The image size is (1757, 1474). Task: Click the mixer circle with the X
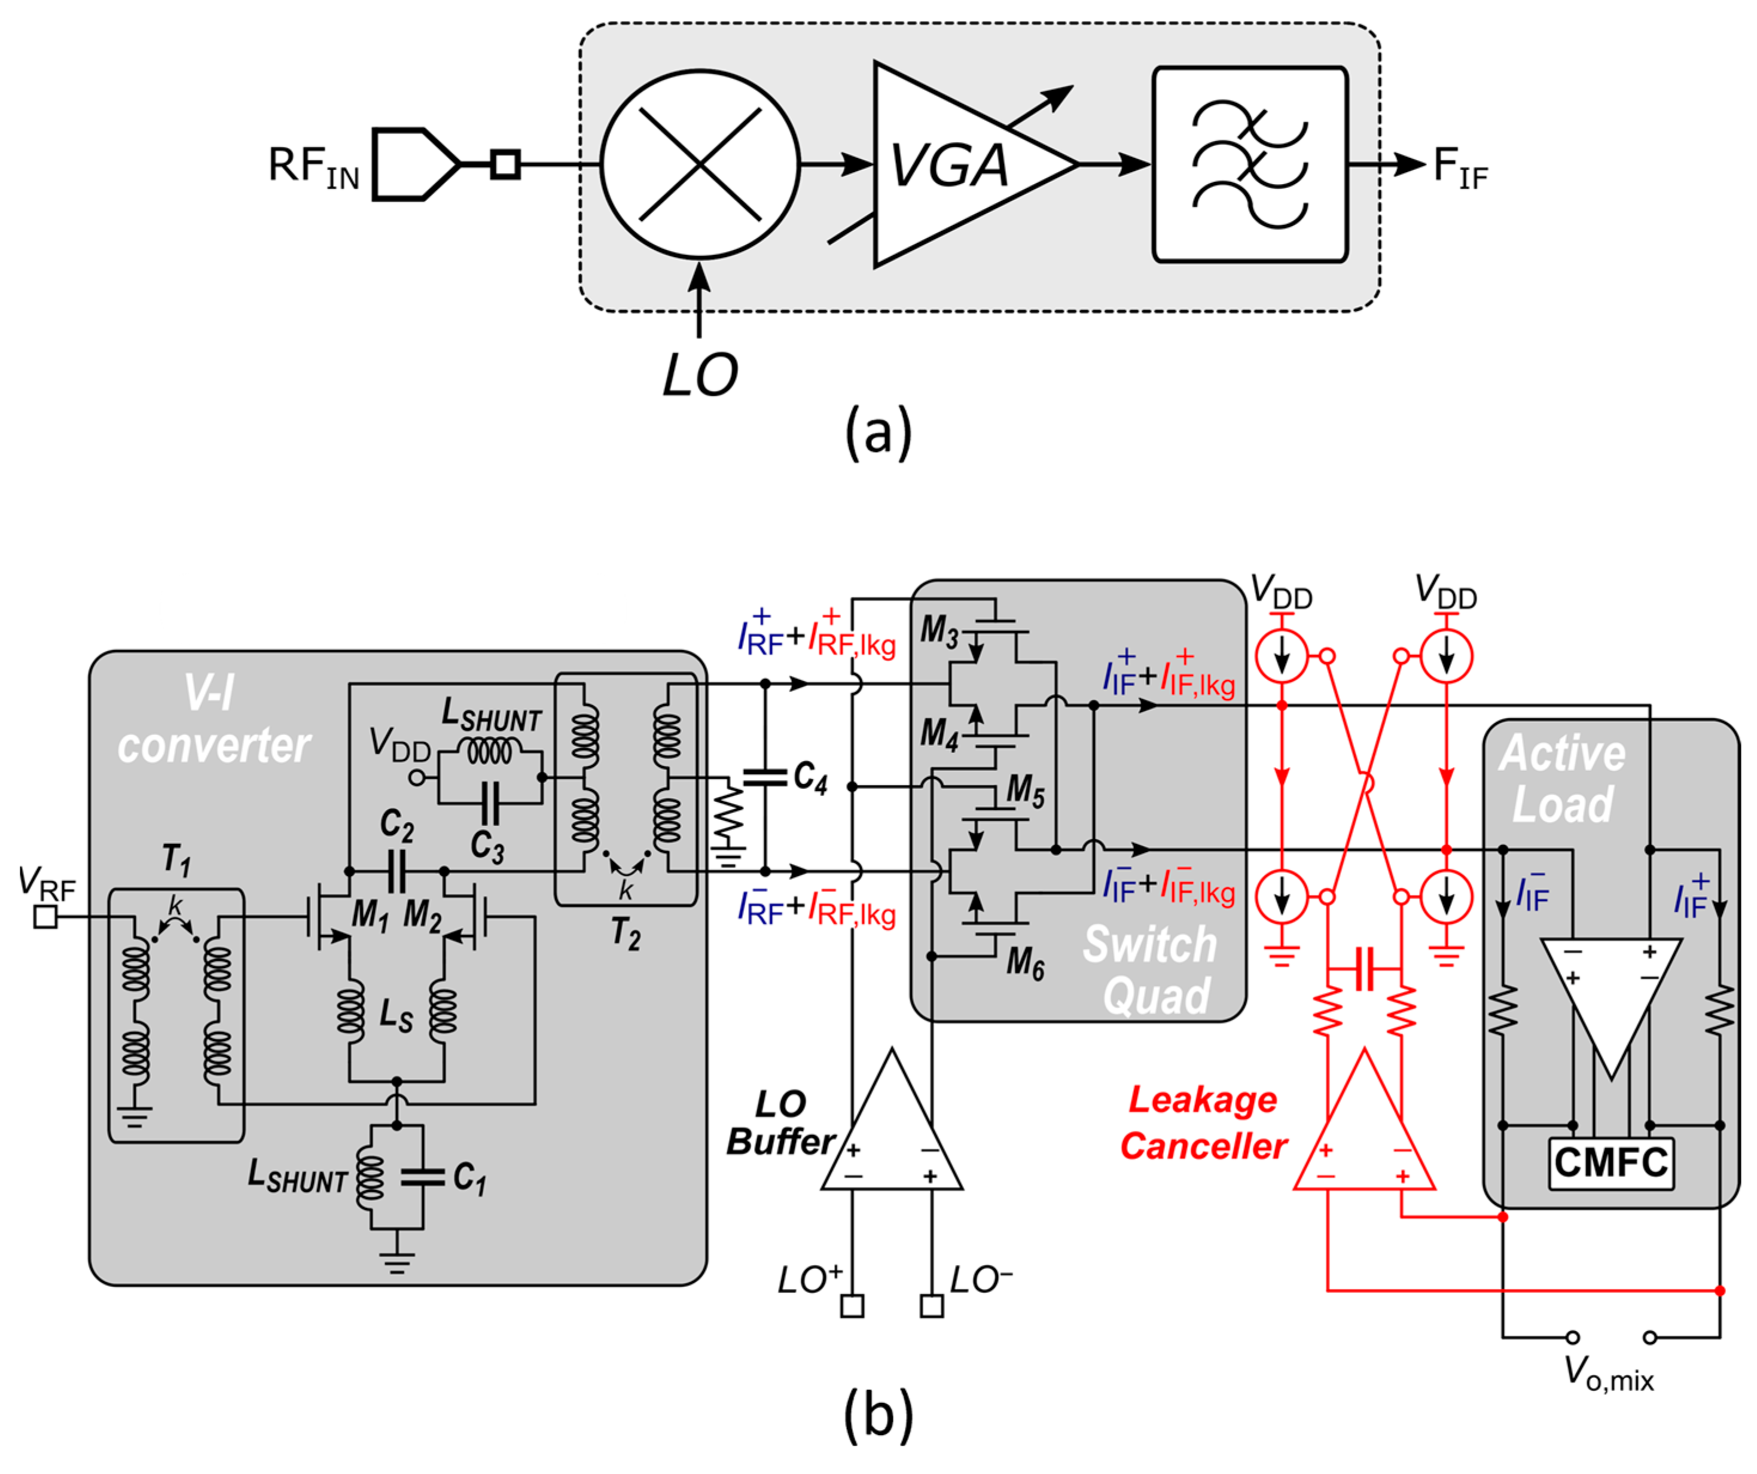point(700,164)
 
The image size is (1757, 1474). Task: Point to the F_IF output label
point(1460,167)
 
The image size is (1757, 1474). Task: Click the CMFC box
point(1610,1163)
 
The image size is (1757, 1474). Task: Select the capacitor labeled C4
point(764,776)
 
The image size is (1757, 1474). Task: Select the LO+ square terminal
point(852,1306)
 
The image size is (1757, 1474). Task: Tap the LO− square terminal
point(931,1306)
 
